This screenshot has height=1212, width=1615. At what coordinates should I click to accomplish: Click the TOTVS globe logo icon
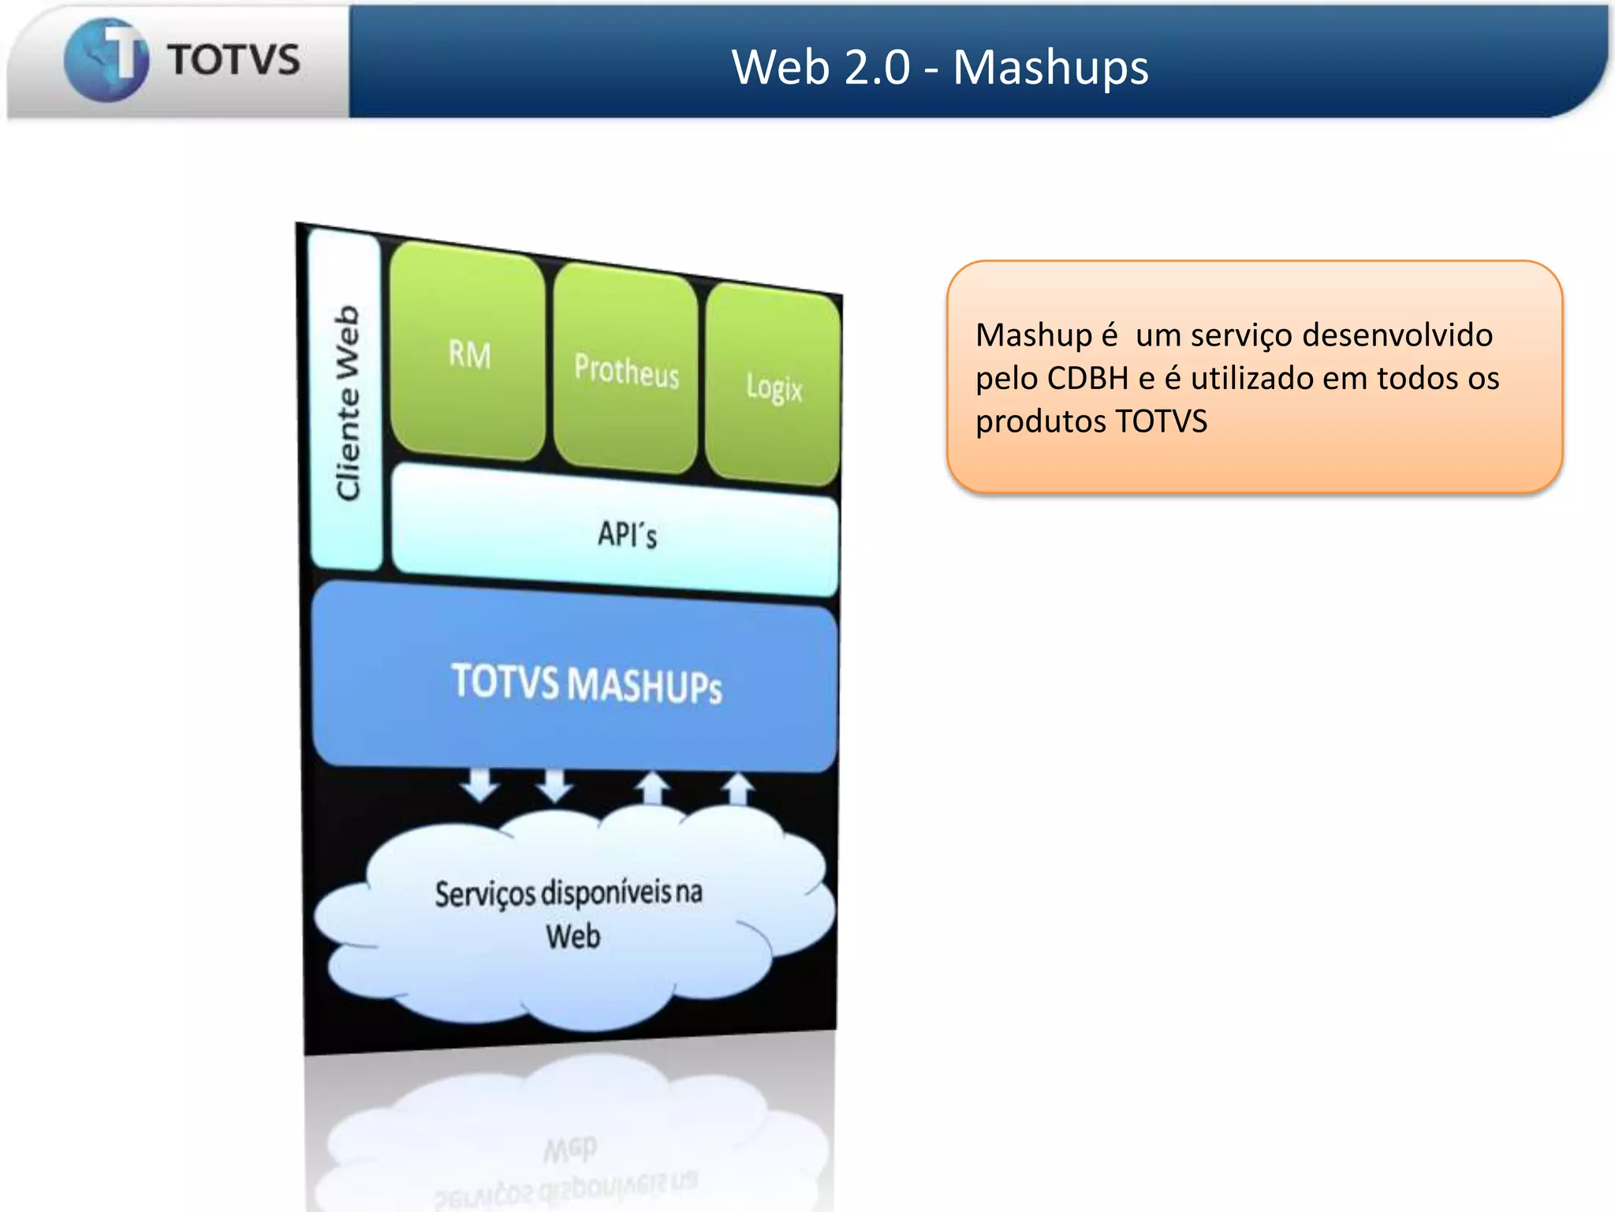(106, 60)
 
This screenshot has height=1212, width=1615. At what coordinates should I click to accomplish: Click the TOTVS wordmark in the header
(233, 60)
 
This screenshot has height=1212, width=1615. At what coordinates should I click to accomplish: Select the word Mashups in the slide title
(1050, 67)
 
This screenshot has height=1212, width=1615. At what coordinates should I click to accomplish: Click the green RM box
(468, 352)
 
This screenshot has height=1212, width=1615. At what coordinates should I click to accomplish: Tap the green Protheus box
(626, 369)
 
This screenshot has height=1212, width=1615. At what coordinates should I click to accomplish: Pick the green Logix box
(774, 386)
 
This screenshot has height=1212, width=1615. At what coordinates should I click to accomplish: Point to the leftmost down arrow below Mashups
(480, 785)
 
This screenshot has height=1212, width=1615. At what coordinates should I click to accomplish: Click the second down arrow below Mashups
(555, 785)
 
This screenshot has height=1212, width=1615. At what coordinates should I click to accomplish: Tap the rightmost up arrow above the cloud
(738, 788)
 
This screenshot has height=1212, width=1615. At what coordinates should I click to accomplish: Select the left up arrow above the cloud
(653, 788)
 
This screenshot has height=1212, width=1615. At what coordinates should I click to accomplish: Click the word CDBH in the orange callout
(1087, 378)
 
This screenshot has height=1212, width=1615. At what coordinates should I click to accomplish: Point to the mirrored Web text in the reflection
(570, 1149)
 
